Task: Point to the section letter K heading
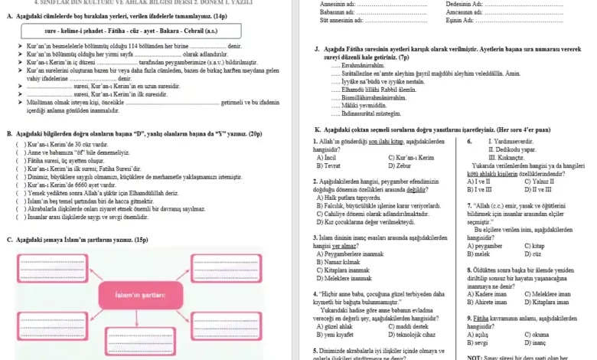(318, 130)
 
